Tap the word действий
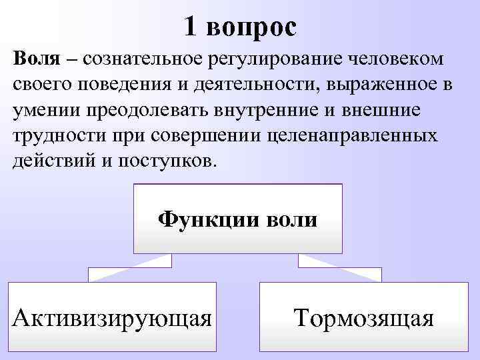tap(49, 163)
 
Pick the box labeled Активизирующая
tap(113, 317)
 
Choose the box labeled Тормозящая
tap(364, 317)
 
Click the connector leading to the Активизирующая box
tap(127, 267)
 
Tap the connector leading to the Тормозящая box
tap(340, 267)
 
